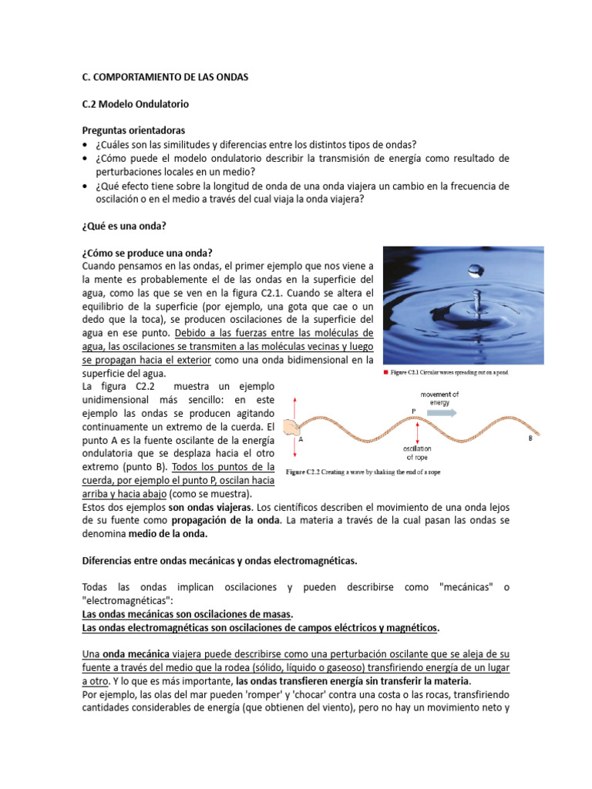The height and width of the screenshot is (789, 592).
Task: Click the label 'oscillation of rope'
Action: (417, 452)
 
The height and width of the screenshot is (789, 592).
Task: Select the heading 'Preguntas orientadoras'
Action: (133, 130)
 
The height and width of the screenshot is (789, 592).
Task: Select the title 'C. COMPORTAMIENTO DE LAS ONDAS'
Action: (165, 77)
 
